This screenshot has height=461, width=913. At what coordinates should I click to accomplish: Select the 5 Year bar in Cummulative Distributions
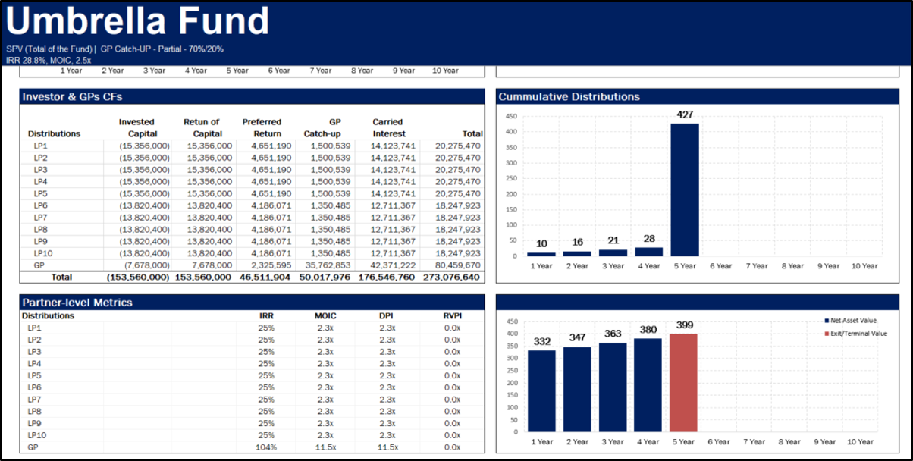[x=685, y=190]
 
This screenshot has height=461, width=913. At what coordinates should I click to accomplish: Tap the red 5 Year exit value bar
[x=683, y=382]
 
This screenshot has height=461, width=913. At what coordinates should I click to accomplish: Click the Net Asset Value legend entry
[x=853, y=321]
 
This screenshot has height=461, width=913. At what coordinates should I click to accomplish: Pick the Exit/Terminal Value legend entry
[x=855, y=334]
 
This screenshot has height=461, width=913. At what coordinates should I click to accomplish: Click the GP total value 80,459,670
[x=457, y=265]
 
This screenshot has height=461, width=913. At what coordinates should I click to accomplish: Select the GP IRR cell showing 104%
[x=266, y=447]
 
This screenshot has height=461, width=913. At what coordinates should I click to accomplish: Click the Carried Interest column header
[x=387, y=127]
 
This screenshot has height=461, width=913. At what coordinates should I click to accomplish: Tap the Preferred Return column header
[x=262, y=127]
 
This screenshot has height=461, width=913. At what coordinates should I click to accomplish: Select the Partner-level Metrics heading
[x=77, y=303]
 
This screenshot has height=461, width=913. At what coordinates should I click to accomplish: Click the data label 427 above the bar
[x=685, y=114]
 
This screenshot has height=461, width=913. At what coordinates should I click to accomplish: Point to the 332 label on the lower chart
[x=541, y=342]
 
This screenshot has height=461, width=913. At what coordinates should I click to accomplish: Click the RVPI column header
[x=452, y=315]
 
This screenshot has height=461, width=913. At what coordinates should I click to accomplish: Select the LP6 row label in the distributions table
[x=40, y=205]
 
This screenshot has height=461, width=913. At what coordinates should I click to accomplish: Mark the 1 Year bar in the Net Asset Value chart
[x=541, y=390]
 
